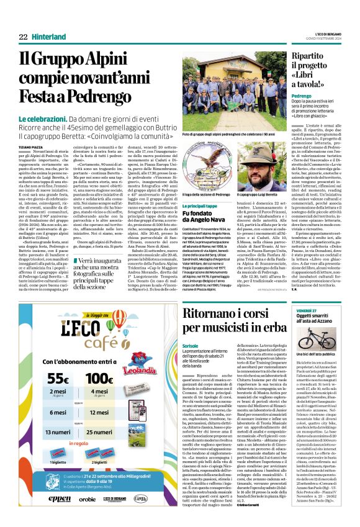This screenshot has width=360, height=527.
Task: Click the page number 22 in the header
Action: pyautogui.click(x=22, y=37)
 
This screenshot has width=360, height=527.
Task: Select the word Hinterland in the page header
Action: pyautogui.click(x=49, y=37)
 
